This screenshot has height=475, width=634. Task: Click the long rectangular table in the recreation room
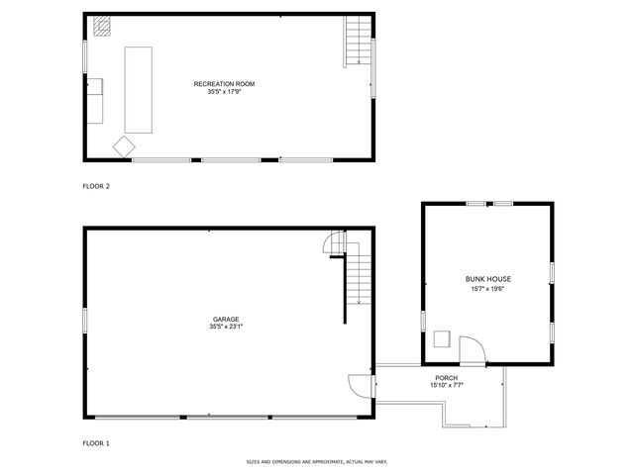[138, 89]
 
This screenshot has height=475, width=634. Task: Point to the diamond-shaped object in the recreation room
[124, 145]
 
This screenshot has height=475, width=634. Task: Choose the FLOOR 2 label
[95, 185]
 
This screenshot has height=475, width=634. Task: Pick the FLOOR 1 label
[95, 443]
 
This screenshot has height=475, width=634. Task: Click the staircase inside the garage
[359, 279]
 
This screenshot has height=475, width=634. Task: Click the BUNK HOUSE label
[488, 279]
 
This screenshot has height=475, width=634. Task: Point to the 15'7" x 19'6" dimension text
[488, 288]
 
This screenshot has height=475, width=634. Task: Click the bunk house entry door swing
[471, 347]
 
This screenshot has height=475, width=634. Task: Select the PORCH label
[446, 378]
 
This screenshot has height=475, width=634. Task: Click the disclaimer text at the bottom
[316, 461]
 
